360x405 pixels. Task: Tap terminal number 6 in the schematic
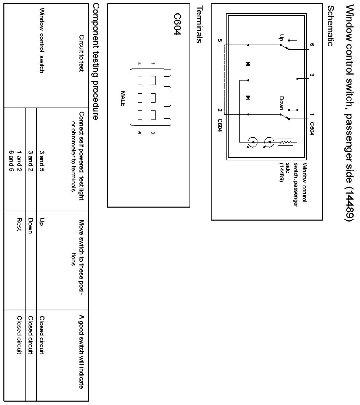[x=312, y=45]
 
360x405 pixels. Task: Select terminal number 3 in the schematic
[x=312, y=75]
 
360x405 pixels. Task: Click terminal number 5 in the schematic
[x=220, y=41]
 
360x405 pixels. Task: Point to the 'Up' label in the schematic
[x=281, y=37]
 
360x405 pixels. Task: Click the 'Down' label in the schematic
[x=281, y=102]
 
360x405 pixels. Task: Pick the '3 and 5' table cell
[x=42, y=160]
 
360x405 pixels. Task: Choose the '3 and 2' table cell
[x=31, y=160]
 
